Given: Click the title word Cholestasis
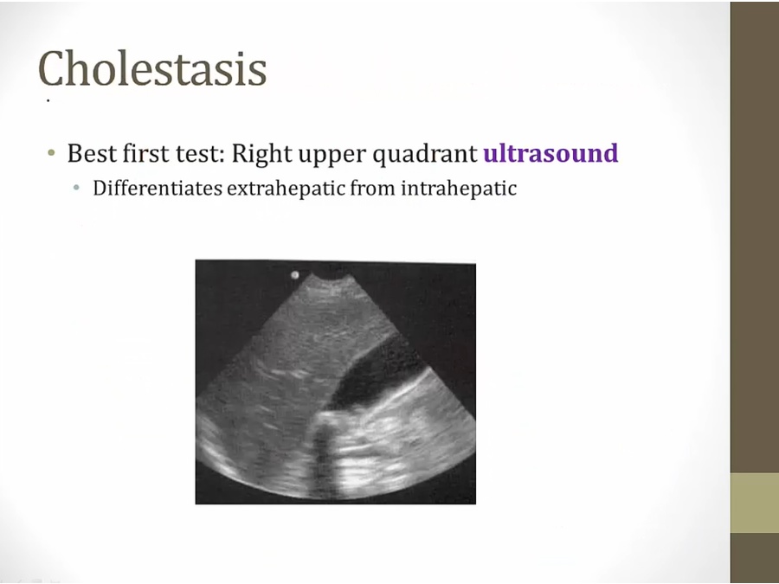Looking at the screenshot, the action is [152, 68].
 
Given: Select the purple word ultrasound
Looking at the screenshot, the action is [550, 153].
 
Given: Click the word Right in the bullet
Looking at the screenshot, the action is [260, 155].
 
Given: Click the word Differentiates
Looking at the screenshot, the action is [158, 189].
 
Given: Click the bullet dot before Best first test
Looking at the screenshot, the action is [51, 152].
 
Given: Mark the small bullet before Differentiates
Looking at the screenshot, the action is [76, 188].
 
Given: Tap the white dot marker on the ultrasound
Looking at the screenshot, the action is [294, 274].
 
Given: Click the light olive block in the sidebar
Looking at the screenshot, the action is [754, 503].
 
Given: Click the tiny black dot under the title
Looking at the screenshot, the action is [48, 101].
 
